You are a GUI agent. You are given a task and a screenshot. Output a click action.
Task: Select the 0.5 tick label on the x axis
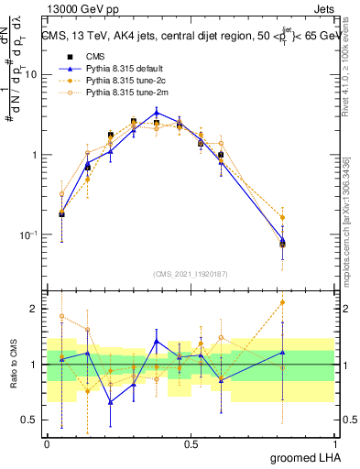(x=191, y=443)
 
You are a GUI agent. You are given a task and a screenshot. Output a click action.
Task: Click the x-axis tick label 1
(x=333, y=443)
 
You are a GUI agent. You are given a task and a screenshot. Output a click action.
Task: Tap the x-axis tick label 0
(x=47, y=443)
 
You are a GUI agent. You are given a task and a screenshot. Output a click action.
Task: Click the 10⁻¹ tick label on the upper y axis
(x=32, y=234)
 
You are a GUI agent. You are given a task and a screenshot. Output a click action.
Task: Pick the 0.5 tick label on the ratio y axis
(x=33, y=420)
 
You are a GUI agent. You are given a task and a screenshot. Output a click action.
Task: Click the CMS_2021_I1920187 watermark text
(x=191, y=273)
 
